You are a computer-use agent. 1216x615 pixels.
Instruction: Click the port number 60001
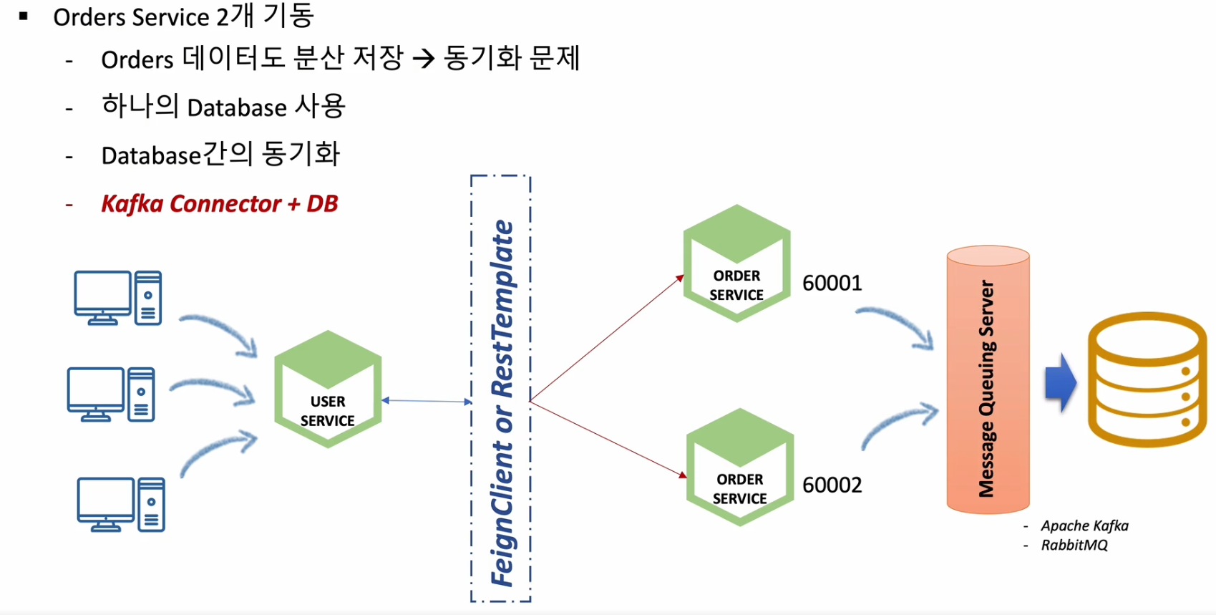coord(832,283)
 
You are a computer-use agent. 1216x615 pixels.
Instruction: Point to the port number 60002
coord(832,485)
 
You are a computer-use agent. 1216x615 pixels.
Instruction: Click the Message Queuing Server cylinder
coord(988,379)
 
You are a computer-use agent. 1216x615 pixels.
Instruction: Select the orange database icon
coord(1147,379)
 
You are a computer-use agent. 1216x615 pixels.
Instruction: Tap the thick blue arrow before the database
coord(1061,383)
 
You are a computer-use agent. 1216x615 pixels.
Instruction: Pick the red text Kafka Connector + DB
coord(219,204)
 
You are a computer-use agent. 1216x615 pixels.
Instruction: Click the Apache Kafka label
coord(1084,526)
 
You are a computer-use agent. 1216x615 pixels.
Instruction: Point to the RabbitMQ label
coord(1074,545)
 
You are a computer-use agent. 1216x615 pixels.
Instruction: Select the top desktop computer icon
coord(118,298)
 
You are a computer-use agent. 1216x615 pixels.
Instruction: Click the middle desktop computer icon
coord(111,394)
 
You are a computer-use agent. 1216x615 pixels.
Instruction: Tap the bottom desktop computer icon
coord(121,504)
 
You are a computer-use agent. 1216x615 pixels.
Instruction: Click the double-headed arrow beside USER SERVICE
coord(427,401)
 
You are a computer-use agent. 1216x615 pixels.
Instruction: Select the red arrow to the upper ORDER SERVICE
coord(607,338)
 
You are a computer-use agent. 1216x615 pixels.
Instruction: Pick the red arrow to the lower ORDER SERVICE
coord(608,439)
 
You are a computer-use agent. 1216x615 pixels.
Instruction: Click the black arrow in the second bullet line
coord(424,59)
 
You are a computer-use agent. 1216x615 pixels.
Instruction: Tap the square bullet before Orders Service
coord(24,16)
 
